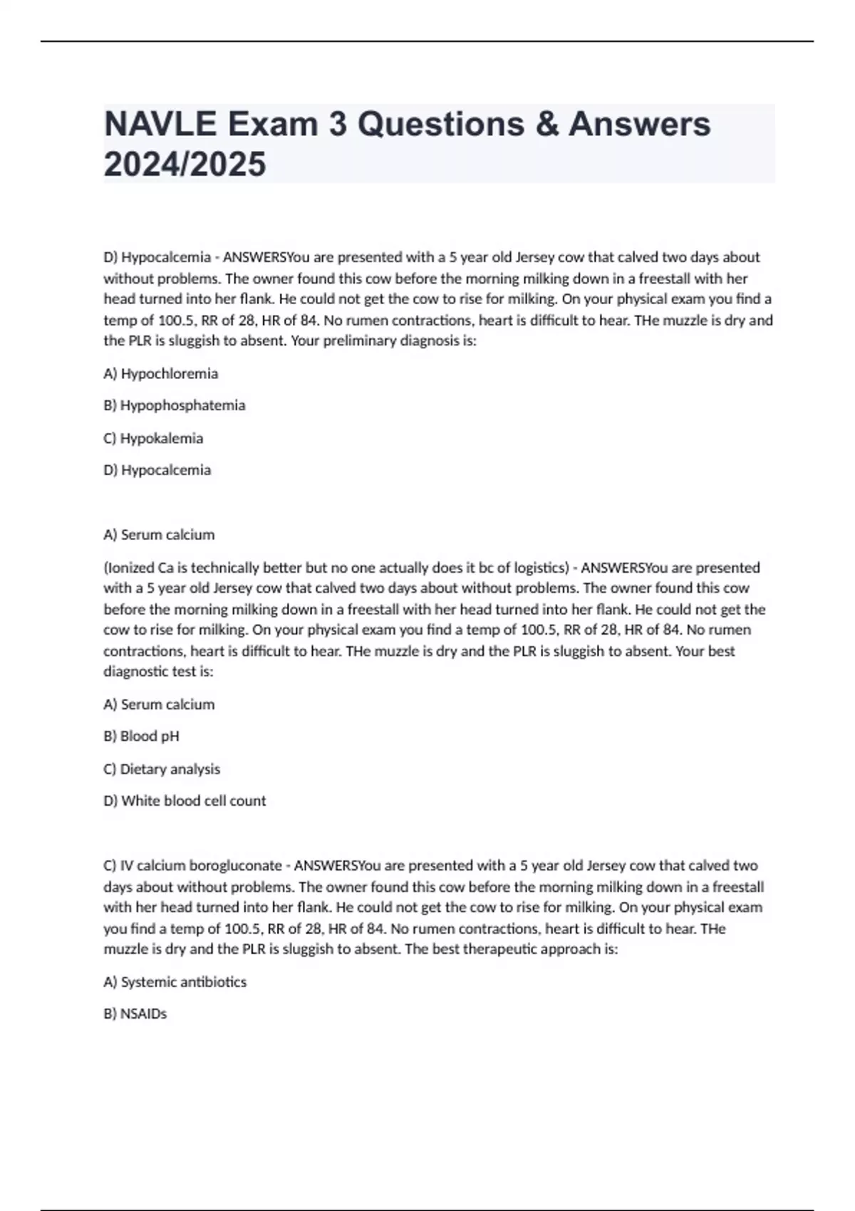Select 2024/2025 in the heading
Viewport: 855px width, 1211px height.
click(x=185, y=164)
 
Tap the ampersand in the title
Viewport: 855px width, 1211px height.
click(x=543, y=124)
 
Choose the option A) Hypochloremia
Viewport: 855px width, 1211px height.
click(x=161, y=373)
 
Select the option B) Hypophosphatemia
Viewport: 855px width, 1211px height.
click(x=175, y=405)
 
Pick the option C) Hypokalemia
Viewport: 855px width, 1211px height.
click(x=153, y=438)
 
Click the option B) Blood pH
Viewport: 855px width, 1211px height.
click(x=141, y=736)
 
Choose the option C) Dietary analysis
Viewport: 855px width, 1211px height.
click(x=162, y=769)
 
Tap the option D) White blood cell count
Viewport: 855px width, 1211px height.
click(x=185, y=801)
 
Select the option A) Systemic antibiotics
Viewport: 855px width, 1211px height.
click(x=175, y=982)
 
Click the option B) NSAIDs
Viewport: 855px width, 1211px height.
click(x=135, y=1014)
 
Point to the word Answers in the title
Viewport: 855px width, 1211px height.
click(x=639, y=124)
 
